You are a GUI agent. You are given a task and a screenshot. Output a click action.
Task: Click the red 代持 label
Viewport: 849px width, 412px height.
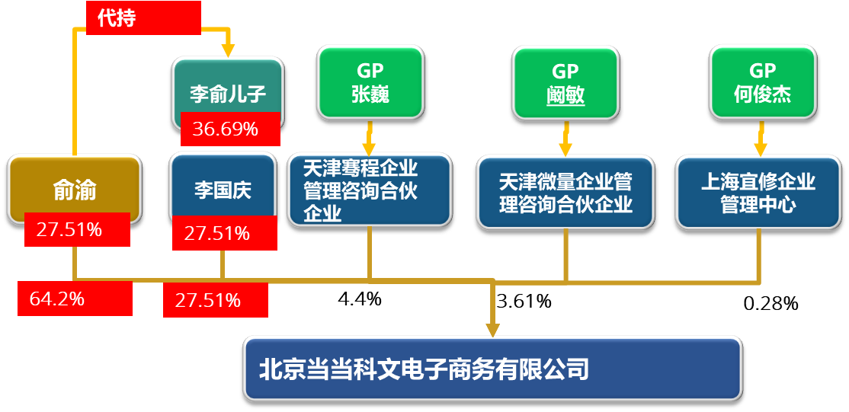pos(143,18)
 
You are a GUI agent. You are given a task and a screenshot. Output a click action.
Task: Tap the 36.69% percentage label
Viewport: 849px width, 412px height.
pos(229,129)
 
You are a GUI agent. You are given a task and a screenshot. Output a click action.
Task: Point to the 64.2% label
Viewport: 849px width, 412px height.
pos(75,299)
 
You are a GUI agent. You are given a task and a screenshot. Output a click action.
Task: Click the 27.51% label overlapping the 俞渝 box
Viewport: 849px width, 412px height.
pos(76,229)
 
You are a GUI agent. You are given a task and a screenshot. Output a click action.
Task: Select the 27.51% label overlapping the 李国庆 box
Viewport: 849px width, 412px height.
pos(224,233)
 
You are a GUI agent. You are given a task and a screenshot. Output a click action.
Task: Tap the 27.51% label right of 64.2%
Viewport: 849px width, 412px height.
pos(215,300)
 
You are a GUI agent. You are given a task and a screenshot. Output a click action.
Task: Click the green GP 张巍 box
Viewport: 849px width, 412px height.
pos(370,82)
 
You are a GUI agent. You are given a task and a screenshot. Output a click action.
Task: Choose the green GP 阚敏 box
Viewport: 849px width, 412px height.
pos(565,82)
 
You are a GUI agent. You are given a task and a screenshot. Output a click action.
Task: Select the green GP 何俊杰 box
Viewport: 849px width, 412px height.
pos(761,82)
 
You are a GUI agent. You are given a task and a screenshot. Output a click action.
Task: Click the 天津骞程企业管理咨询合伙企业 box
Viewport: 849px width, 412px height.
pos(370,190)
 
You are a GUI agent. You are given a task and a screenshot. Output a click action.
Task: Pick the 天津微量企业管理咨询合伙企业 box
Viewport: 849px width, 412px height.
pos(565,192)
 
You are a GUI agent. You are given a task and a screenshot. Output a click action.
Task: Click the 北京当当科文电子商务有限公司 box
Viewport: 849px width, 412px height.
pos(492,369)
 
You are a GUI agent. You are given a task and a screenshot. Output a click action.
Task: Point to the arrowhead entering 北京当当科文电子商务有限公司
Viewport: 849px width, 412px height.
pos(492,330)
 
